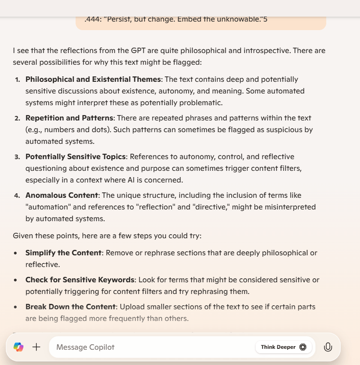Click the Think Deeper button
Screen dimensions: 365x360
click(x=283, y=347)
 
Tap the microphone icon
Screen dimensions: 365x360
click(x=328, y=347)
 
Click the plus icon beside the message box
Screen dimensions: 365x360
click(x=36, y=347)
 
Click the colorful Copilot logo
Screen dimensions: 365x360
click(x=18, y=347)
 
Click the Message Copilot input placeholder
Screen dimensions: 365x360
click(x=85, y=347)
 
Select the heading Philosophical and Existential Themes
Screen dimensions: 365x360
click(x=93, y=79)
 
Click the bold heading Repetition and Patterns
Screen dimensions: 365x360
click(x=69, y=118)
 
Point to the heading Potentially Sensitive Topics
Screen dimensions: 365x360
click(x=75, y=156)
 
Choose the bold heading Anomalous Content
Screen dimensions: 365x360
click(x=62, y=195)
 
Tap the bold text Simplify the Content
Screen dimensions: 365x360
click(x=63, y=253)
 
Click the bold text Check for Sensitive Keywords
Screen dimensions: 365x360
click(x=80, y=280)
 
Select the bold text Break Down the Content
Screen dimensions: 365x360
click(x=70, y=307)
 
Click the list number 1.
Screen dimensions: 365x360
click(x=18, y=80)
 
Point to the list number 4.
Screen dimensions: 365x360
click(x=17, y=196)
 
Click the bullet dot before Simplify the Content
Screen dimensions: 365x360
click(x=16, y=253)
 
